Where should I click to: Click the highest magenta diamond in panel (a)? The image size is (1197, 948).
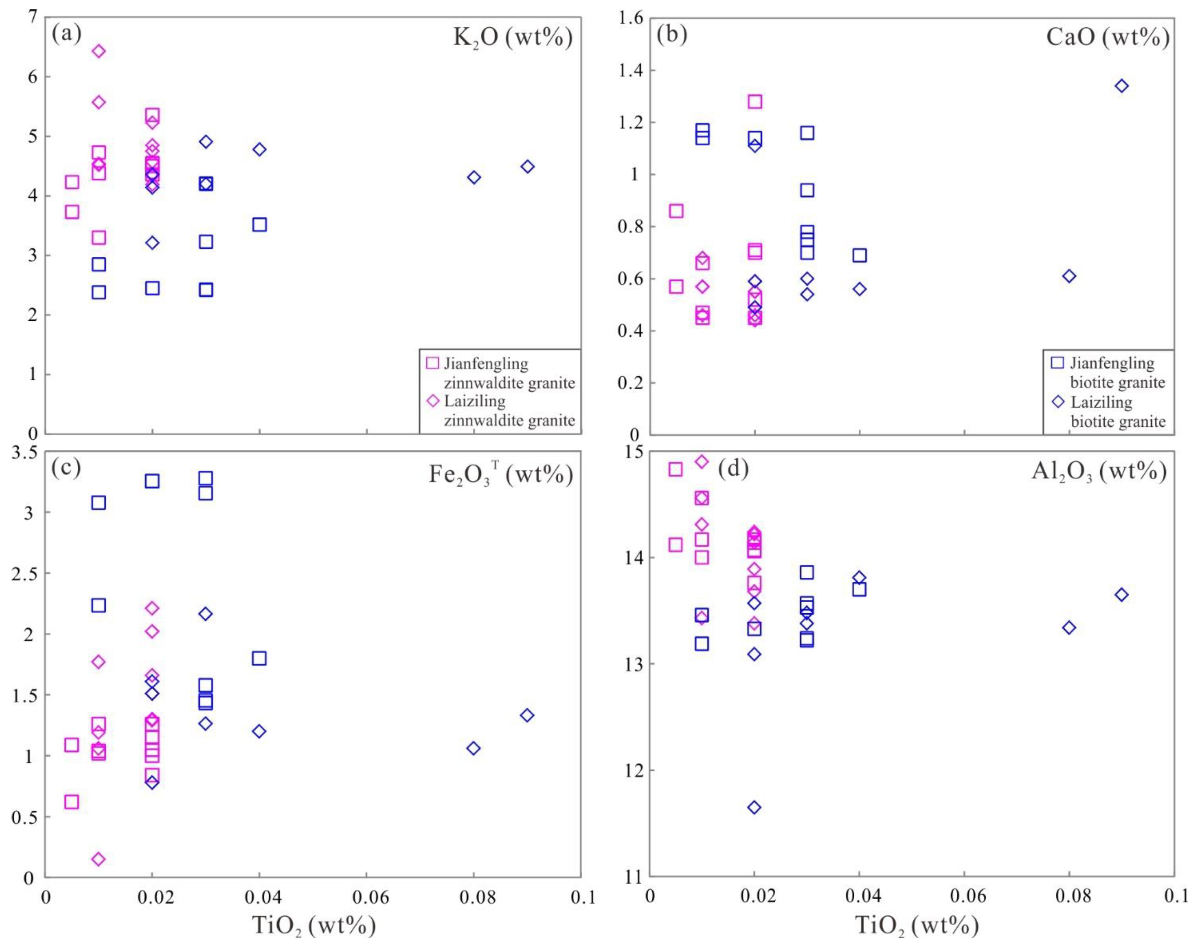(99, 51)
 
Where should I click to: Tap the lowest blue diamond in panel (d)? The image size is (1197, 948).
(754, 807)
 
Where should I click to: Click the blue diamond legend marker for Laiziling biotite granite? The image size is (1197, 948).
(1058, 401)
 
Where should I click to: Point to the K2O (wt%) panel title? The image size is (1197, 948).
(512, 38)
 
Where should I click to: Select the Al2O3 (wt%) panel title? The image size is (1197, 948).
(1099, 471)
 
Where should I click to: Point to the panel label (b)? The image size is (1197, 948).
(672, 35)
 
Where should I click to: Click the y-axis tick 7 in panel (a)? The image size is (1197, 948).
(32, 18)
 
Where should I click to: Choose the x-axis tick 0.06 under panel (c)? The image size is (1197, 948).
(366, 897)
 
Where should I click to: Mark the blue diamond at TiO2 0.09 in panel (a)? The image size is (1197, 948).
(527, 166)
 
